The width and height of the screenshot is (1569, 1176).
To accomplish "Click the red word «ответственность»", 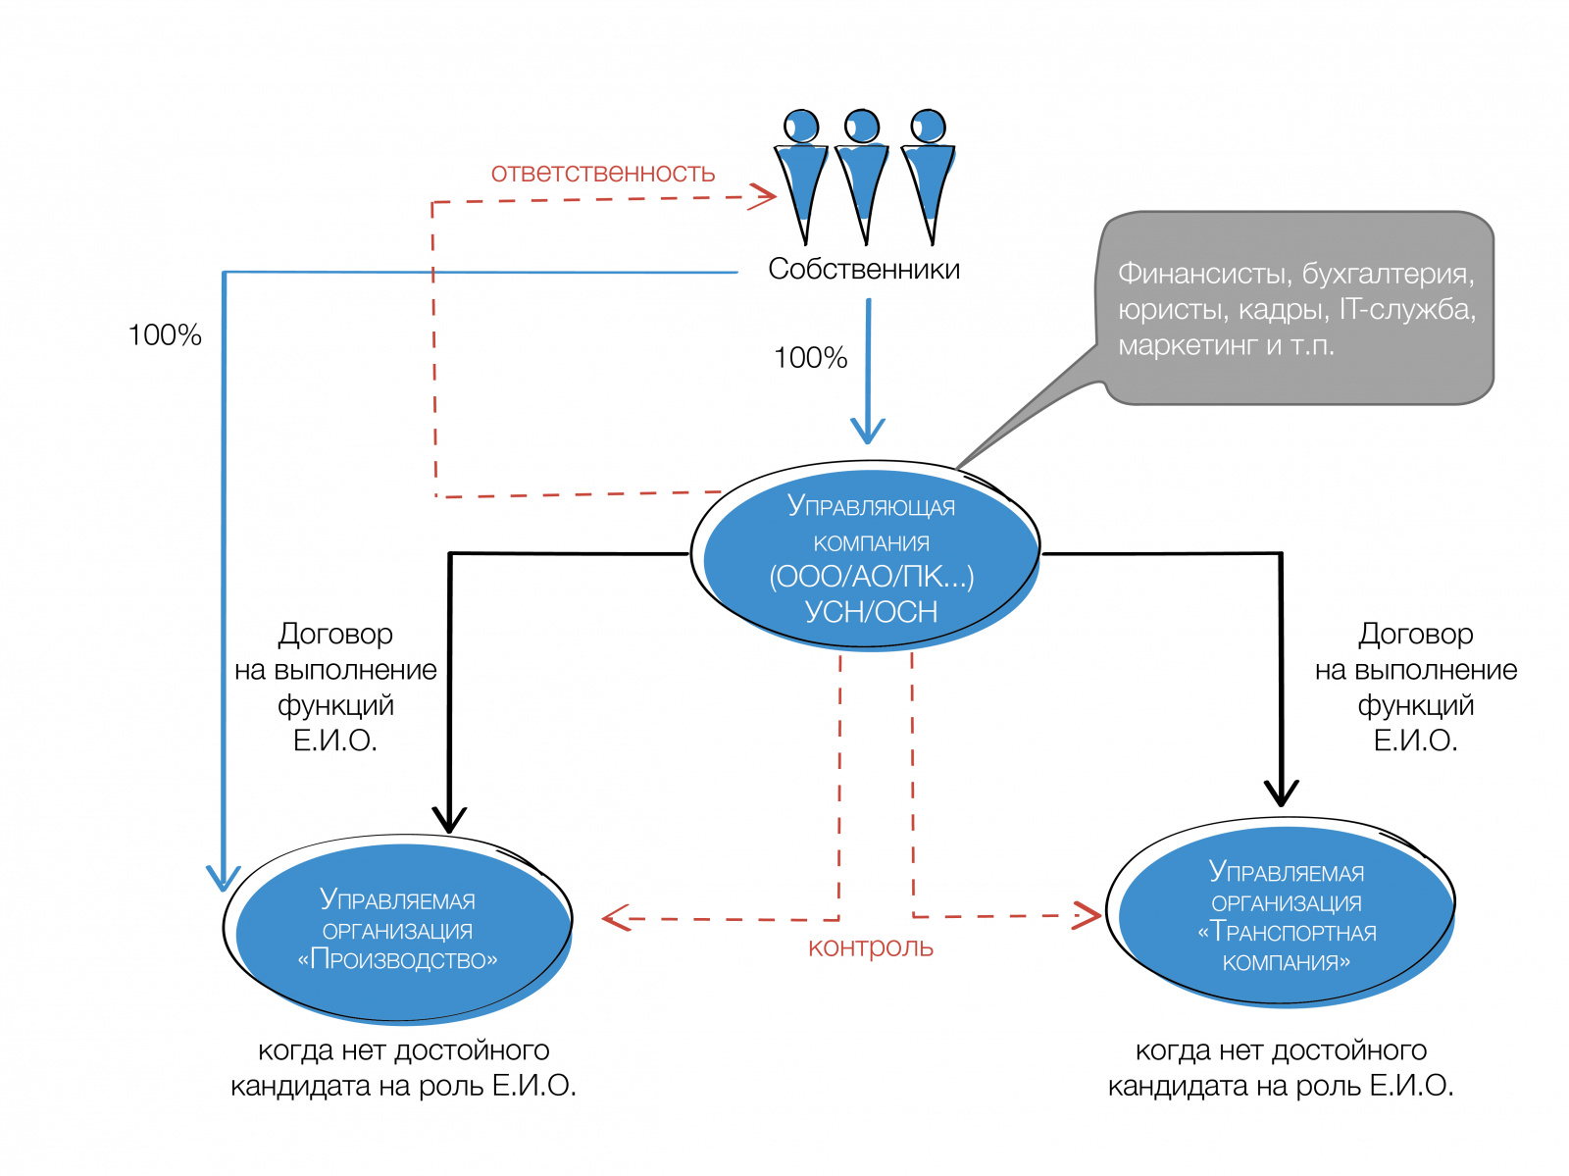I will [602, 174].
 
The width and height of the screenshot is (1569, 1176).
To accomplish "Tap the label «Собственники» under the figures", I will [864, 269].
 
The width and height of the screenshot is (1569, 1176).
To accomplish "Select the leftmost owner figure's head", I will [801, 126].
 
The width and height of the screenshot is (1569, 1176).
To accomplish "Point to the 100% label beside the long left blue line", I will [165, 335].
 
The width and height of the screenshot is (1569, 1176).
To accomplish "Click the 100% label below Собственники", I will [810, 358].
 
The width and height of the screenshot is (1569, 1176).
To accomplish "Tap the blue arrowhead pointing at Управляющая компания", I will [868, 432].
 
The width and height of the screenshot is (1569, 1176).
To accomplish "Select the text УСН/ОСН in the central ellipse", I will [871, 612].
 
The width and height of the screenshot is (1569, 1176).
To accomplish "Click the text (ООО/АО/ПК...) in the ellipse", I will [871, 577].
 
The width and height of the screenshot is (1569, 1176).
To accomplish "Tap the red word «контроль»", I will [870, 947].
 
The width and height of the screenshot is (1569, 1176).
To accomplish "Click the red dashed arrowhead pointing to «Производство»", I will [614, 918].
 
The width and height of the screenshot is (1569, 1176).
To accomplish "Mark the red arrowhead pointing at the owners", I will [764, 196].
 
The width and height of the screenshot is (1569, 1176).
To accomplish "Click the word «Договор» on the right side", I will [1415, 635].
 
